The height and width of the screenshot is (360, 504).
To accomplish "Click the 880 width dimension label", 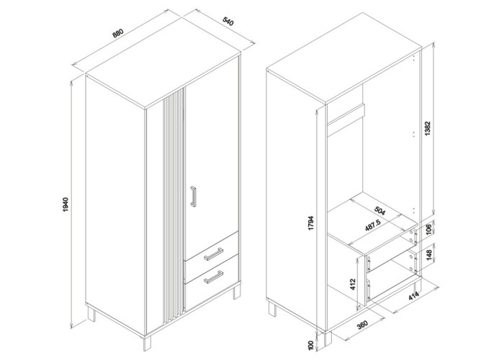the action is click(x=118, y=33).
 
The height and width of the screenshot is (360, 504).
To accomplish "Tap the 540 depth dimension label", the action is click(x=228, y=21).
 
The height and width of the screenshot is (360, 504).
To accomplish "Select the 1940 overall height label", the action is click(x=66, y=204).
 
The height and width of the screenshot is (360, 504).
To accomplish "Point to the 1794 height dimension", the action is click(x=310, y=223).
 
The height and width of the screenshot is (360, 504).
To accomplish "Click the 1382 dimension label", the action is click(x=428, y=128).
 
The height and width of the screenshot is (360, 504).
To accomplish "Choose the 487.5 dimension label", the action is click(x=374, y=226).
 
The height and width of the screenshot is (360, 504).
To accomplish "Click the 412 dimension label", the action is click(x=353, y=285).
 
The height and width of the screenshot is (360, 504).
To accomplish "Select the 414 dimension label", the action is click(x=414, y=297).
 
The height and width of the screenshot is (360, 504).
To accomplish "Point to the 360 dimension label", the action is click(x=363, y=325).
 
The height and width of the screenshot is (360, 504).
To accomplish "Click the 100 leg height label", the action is click(x=310, y=346).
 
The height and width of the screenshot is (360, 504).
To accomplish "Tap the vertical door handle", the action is click(x=192, y=197).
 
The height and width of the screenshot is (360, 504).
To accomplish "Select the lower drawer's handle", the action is click(x=213, y=277).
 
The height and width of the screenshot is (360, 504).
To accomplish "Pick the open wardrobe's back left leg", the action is click(x=273, y=309).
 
